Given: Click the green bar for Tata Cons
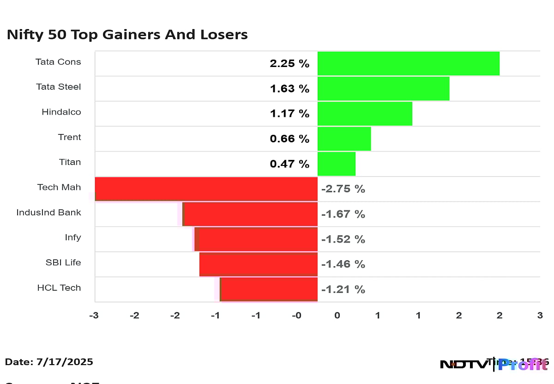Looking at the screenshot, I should pyautogui.click(x=408, y=63).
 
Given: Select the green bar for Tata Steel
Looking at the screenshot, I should pyautogui.click(x=383, y=88).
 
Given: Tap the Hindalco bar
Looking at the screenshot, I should pyautogui.click(x=365, y=113).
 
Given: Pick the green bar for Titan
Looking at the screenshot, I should pyautogui.click(x=336, y=164).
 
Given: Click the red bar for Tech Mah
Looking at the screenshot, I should pyautogui.click(x=206, y=189).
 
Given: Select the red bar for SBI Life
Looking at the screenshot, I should pyautogui.click(x=258, y=264).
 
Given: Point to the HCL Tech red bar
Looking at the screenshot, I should pyautogui.click(x=269, y=289).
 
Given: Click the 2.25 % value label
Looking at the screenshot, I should pyautogui.click(x=289, y=64).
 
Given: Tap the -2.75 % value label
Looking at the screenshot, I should pyautogui.click(x=343, y=189).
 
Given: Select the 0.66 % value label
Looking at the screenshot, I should pyautogui.click(x=289, y=139).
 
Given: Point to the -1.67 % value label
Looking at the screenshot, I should pyautogui.click(x=343, y=214).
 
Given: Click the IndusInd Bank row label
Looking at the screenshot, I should pyautogui.click(x=48, y=213).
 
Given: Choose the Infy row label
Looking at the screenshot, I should pyautogui.click(x=73, y=238).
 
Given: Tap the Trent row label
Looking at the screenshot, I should pyautogui.click(x=69, y=137).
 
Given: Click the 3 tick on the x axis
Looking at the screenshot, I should pyautogui.click(x=540, y=315).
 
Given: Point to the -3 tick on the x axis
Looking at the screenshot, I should pyautogui.click(x=93, y=315).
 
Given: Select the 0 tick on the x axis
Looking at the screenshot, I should pyautogui.click(x=337, y=315).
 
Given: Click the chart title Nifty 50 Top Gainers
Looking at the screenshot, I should pyautogui.click(x=127, y=35).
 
